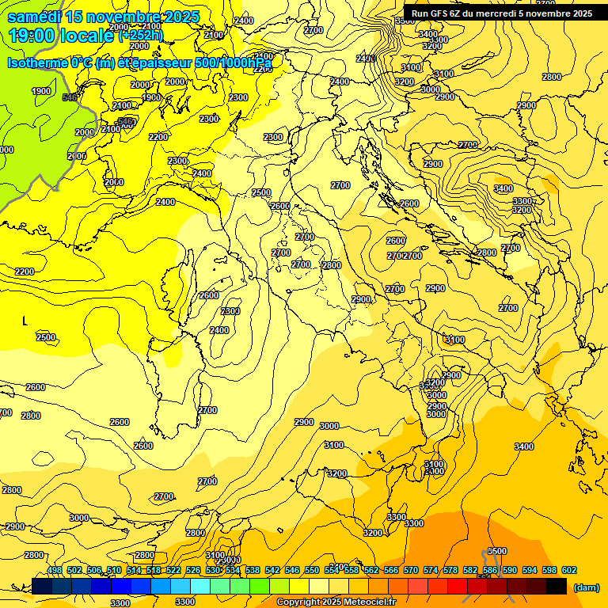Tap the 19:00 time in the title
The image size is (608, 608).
[30, 36]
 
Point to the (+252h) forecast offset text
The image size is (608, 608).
[141, 36]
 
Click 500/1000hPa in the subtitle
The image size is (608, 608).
[234, 63]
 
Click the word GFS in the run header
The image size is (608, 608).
[443, 13]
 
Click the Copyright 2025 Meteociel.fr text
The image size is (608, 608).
[336, 602]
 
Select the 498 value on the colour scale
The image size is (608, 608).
[55, 570]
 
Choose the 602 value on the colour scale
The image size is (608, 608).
[569, 570]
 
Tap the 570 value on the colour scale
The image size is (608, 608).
[411, 570]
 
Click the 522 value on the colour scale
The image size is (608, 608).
[173, 570]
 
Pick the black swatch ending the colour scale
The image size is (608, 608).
[557, 587]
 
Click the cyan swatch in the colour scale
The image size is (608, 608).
[200, 587]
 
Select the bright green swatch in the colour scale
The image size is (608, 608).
[260, 587]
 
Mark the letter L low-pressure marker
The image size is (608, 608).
[25, 321]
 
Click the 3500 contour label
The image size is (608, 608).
[496, 551]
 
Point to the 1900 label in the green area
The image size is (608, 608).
[41, 91]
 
